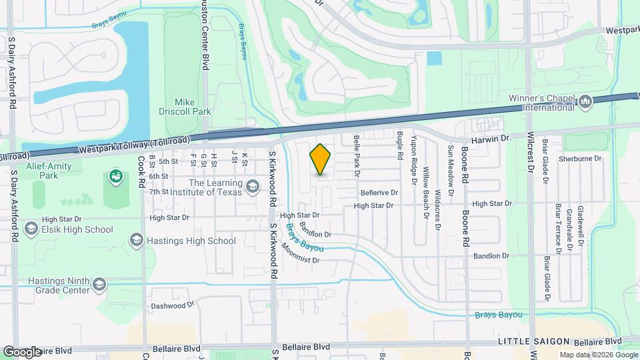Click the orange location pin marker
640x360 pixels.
click(x=321, y=159)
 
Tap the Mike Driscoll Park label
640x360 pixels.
click(x=185, y=107)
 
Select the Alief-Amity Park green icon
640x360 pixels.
click(x=115, y=177)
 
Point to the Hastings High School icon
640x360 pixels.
click(x=137, y=240)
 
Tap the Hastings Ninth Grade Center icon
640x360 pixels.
click(x=99, y=285)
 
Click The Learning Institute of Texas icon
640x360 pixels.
click(x=252, y=186)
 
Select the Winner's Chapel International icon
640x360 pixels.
click(x=585, y=102)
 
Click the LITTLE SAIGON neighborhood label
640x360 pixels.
click(x=527, y=341)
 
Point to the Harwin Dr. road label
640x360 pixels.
click(x=491, y=139)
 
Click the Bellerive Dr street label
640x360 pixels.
click(x=379, y=193)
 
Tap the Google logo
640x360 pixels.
click(x=22, y=351)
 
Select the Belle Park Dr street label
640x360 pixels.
click(x=357, y=154)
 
